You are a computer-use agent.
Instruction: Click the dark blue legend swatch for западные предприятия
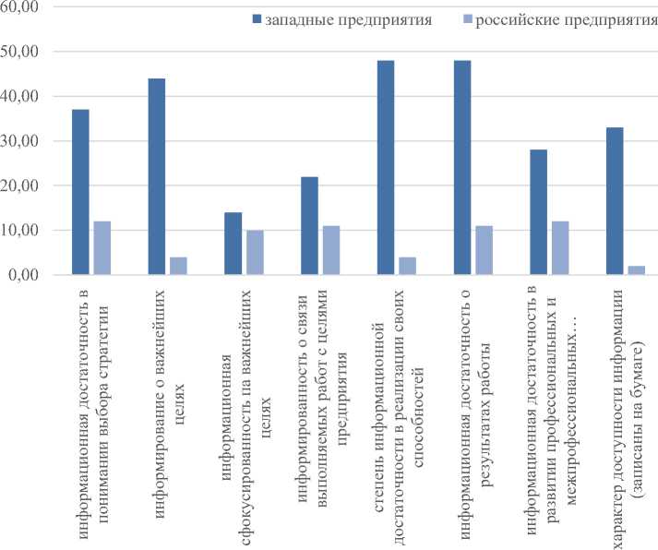click(255, 19)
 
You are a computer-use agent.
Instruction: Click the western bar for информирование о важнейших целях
click(157, 176)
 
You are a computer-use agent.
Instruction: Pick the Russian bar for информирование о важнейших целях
click(179, 266)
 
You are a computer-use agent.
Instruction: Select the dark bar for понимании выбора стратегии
click(81, 192)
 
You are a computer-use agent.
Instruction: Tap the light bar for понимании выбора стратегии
click(102, 248)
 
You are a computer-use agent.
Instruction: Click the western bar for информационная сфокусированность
click(233, 244)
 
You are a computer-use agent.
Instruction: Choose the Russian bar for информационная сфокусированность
click(255, 253)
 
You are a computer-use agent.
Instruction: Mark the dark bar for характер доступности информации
click(615, 201)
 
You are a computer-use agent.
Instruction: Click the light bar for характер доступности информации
click(636, 270)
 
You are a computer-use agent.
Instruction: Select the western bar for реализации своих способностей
click(386, 168)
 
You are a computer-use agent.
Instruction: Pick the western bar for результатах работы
click(461, 168)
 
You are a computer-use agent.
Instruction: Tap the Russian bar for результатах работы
click(484, 250)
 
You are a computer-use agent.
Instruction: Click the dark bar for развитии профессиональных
click(538, 212)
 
